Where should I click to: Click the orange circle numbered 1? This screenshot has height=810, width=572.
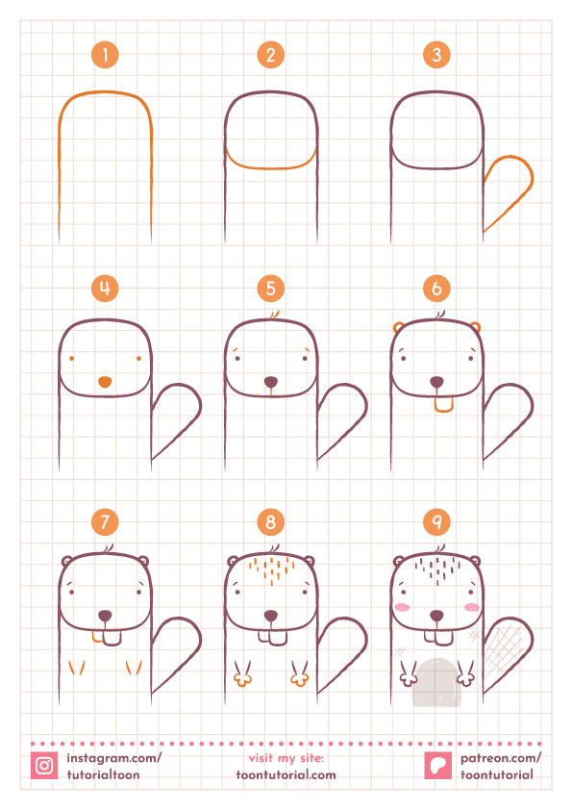(105, 55)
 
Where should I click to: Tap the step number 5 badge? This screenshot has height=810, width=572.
(270, 289)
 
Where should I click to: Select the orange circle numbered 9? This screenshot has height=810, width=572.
(436, 521)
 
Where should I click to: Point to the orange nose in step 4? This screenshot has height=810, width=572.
(105, 382)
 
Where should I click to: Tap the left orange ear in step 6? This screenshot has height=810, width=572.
(399, 327)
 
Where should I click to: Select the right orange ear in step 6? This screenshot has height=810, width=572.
(475, 327)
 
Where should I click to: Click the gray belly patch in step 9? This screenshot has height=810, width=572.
(436, 683)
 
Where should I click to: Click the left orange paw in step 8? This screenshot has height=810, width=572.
(242, 674)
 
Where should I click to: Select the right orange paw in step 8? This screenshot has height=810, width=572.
(299, 674)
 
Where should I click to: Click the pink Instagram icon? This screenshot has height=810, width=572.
(44, 765)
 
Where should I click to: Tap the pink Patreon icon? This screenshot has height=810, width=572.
(437, 765)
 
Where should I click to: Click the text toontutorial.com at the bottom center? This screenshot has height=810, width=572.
(286, 774)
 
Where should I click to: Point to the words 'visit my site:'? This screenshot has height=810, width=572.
(286, 758)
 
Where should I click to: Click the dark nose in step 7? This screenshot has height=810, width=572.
(105, 616)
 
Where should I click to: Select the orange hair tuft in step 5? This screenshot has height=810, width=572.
(275, 316)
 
